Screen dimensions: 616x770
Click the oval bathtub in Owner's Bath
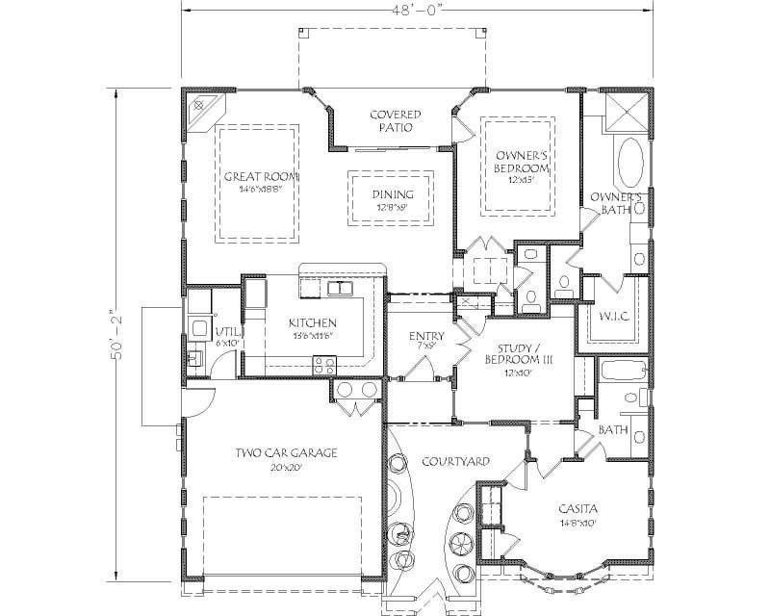[x=631, y=163]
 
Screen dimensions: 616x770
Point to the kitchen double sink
[x=338, y=288]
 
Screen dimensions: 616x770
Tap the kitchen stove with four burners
[x=323, y=365]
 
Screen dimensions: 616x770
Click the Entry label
[x=425, y=337]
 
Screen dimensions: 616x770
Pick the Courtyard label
[x=457, y=462]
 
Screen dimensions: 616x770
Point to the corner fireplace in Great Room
[x=200, y=106]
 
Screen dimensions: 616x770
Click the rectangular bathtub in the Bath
[x=622, y=372]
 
